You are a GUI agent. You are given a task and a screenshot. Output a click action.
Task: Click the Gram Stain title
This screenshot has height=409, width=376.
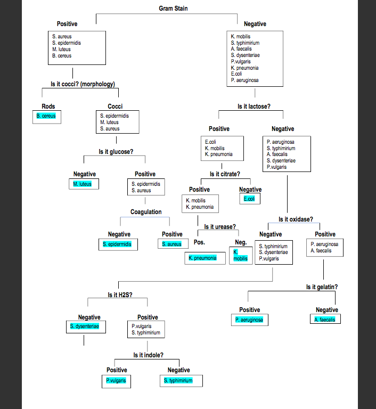coord(173,8)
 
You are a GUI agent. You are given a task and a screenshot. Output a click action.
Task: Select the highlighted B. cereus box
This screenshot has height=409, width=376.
coord(46,116)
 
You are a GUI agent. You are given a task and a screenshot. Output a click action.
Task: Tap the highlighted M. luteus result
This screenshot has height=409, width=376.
coord(83,184)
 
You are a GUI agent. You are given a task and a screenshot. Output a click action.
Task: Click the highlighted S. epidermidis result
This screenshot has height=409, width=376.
coord(119,244)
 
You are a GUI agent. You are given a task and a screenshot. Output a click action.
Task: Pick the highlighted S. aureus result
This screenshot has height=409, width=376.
coord(172,244)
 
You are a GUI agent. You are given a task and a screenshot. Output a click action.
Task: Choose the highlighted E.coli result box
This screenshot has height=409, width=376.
coord(249,199)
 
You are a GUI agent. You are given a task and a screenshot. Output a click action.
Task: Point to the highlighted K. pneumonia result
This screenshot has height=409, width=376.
coord(202,258)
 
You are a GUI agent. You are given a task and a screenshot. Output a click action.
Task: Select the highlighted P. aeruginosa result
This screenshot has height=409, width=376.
coord(249,320)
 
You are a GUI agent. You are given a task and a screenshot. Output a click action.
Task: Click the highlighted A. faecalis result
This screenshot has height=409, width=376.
coord(325,320)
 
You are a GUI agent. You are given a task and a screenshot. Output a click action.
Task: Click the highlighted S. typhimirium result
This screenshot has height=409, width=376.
coord(178,381)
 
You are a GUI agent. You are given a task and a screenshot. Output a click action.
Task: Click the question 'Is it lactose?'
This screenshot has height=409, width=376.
coord(254,107)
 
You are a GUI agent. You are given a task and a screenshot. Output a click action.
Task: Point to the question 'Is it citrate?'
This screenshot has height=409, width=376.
coord(225,174)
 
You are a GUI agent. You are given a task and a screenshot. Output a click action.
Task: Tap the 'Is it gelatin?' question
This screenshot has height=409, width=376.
coord(322,287)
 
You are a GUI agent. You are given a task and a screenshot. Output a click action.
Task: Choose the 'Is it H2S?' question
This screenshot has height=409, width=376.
coord(120,295)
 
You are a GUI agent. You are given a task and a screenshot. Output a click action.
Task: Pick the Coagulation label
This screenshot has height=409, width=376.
coord(146,212)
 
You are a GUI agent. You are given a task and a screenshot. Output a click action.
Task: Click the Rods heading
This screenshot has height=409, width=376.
coord(48,107)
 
